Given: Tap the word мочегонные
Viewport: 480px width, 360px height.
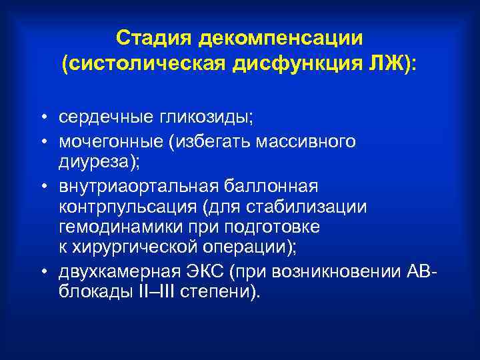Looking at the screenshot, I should [116, 141].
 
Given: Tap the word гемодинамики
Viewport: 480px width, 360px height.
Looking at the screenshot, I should [115, 227].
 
